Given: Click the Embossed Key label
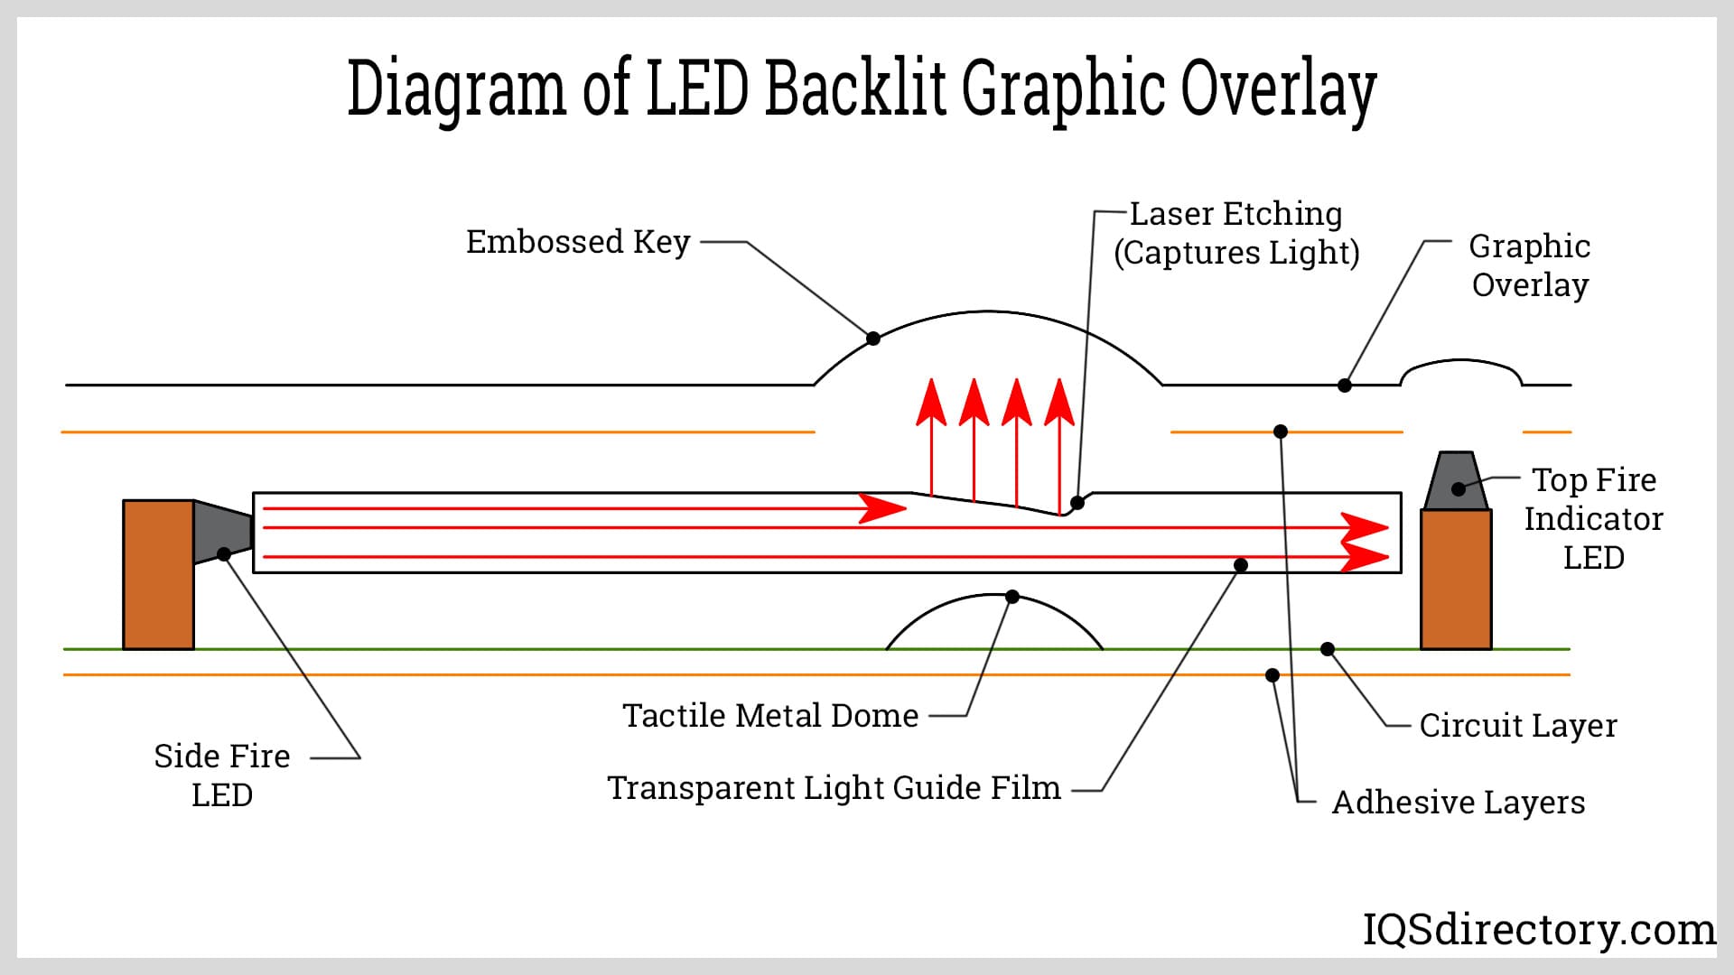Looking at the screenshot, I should click(578, 242).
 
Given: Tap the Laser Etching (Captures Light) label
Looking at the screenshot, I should click(1235, 233).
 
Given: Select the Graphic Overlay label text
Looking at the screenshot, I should click(1529, 265).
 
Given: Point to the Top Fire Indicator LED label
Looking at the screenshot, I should click(1594, 519).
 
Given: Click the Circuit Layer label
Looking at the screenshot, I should click(1518, 726).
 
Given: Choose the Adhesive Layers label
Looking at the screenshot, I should click(1459, 803).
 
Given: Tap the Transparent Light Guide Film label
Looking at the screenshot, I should click(834, 788).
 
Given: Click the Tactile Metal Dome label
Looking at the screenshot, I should click(770, 716).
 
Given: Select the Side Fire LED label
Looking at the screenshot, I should click(222, 775).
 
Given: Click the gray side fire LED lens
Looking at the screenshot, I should click(221, 532).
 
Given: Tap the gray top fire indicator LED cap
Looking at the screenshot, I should click(1456, 481).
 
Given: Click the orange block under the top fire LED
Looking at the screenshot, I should click(1456, 580).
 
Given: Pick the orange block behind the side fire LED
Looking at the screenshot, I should click(158, 575).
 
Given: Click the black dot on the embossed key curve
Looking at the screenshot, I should click(873, 339).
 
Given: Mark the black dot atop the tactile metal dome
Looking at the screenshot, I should click(1012, 597).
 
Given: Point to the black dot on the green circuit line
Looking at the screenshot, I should click(1328, 649).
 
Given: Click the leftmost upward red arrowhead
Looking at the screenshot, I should click(931, 404).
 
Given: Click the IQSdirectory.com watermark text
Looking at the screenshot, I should click(1539, 929).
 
